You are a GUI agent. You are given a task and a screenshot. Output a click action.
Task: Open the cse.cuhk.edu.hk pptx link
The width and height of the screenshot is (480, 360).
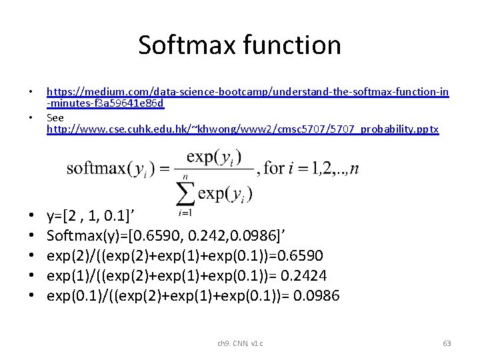pos(243,129)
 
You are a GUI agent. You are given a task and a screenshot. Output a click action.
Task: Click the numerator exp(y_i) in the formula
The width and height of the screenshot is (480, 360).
pos(214,157)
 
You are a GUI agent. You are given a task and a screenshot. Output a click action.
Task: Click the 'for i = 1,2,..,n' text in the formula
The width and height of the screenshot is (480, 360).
pos(311,168)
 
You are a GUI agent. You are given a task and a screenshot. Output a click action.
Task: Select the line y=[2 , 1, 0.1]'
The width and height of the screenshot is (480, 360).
pos(98,215)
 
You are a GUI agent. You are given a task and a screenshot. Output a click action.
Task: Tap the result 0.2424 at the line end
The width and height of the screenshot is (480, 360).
pos(304,275)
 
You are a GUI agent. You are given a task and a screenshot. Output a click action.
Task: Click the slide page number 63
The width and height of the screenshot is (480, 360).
pos(447,343)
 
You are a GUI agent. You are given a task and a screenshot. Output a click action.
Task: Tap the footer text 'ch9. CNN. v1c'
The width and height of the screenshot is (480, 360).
pos(240,343)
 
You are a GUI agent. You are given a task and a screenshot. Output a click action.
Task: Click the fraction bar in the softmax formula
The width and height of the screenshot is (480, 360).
pos(214,169)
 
